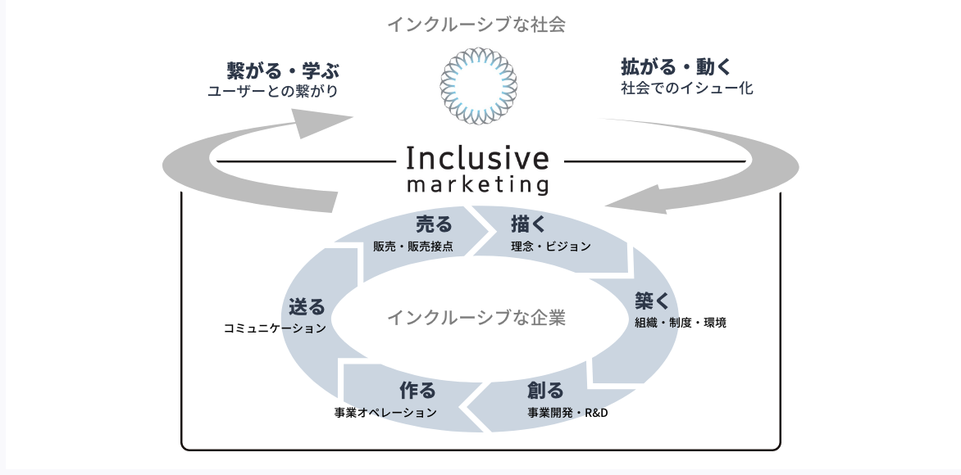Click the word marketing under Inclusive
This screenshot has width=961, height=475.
tap(477, 184)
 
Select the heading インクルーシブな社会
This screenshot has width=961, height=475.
tap(477, 25)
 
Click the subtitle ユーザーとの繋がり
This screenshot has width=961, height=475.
tap(273, 90)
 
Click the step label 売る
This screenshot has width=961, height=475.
tap(434, 223)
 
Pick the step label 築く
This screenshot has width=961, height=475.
tap(653, 300)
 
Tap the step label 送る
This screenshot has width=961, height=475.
tap(307, 307)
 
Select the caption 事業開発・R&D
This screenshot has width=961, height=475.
tap(567, 412)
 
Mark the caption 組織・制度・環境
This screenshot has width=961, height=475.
tap(680, 323)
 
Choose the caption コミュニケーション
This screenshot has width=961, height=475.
tap(275, 328)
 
